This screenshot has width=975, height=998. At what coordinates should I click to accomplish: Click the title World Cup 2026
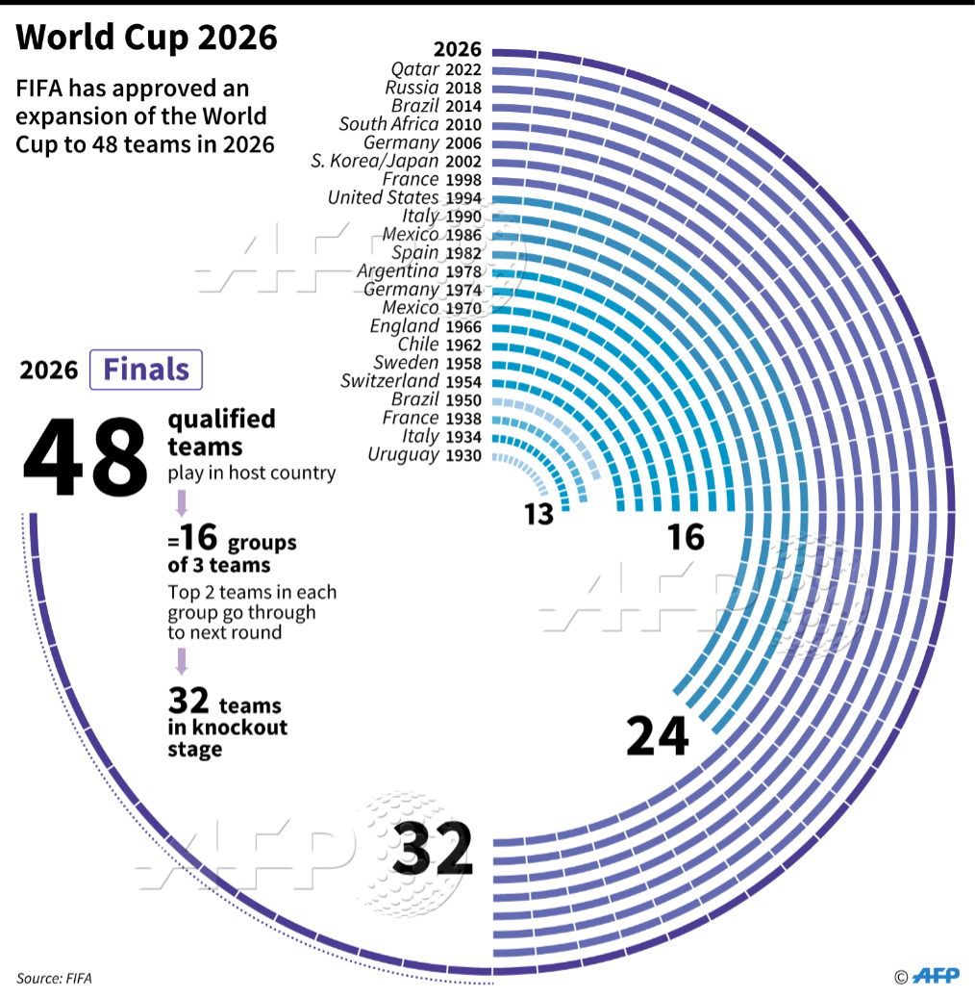pyautogui.click(x=147, y=38)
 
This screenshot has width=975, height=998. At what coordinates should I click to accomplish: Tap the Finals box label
pyautogui.click(x=146, y=370)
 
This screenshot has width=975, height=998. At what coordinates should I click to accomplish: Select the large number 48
pyautogui.click(x=86, y=457)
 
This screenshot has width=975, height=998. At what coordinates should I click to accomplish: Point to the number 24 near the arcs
pyautogui.click(x=658, y=736)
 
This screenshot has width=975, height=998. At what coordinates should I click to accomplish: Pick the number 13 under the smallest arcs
pyautogui.click(x=539, y=515)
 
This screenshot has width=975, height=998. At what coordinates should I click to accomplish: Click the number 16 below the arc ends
pyautogui.click(x=686, y=537)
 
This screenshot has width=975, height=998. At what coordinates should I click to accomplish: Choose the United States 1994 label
pyautogui.click(x=405, y=197)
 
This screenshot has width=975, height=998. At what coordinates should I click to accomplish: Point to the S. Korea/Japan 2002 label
pyautogui.click(x=396, y=161)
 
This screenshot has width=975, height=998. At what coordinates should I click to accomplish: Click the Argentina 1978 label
pyautogui.click(x=420, y=271)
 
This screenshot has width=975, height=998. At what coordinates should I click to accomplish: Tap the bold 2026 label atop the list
pyautogui.click(x=458, y=50)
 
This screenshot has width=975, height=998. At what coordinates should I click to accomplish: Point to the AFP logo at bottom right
pyautogui.click(x=935, y=976)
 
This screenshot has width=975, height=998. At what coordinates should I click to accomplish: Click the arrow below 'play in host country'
pyautogui.click(x=180, y=503)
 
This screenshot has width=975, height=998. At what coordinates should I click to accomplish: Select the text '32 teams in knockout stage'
pyautogui.click(x=227, y=722)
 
